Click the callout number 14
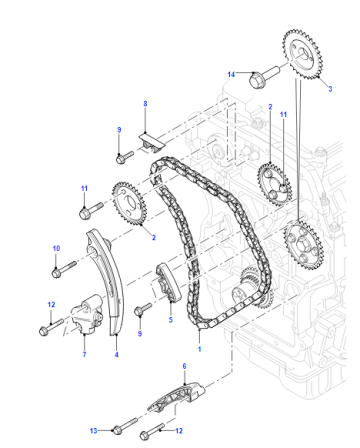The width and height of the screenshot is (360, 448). (231, 74)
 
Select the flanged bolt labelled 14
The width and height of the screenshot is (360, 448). (264, 77)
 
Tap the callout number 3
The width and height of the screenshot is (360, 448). (330, 89)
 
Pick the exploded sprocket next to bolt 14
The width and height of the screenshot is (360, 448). (302, 55)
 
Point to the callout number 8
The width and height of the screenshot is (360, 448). (145, 104)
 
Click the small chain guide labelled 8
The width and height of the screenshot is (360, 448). (152, 142)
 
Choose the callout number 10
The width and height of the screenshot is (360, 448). (56, 248)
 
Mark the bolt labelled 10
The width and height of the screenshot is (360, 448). (64, 269)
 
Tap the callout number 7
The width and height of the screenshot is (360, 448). (84, 354)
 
